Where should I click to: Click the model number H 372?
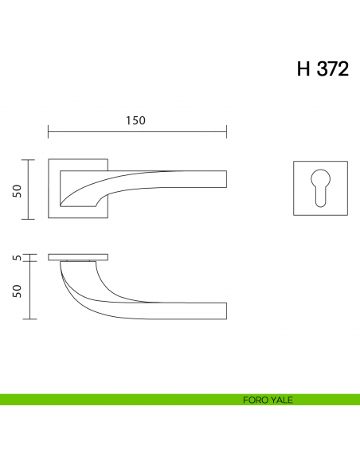(x=323, y=68)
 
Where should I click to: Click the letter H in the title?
(x=303, y=68)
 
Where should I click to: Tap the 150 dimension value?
(x=135, y=120)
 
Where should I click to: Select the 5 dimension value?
(x=18, y=257)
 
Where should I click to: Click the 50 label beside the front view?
(x=18, y=190)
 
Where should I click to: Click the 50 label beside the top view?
(x=18, y=291)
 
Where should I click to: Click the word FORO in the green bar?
(x=253, y=400)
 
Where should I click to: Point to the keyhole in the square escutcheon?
(x=320, y=188)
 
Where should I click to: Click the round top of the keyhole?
(x=320, y=178)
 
